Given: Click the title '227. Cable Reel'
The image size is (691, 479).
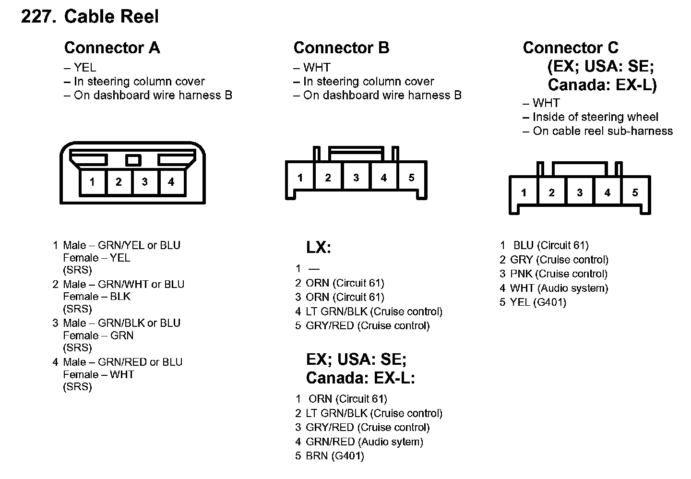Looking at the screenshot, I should pyautogui.click(x=90, y=17).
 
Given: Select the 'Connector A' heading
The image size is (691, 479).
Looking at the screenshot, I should pyautogui.click(x=112, y=48).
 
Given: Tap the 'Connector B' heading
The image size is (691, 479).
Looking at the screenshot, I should pyautogui.click(x=341, y=48).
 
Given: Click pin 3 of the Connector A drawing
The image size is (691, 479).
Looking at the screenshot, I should pyautogui.click(x=144, y=182).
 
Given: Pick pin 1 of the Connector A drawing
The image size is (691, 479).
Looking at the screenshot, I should pyautogui.click(x=92, y=182).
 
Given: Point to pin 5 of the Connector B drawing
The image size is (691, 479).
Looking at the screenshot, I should pyautogui.click(x=411, y=178).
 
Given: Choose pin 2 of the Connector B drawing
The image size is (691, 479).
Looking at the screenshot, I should pyautogui.click(x=328, y=178).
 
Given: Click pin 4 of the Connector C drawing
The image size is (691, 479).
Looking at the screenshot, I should pyautogui.click(x=607, y=192).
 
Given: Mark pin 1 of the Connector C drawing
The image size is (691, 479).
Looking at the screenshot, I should pyautogui.click(x=524, y=192).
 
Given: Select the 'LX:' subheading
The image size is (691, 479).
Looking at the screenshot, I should pyautogui.click(x=319, y=248).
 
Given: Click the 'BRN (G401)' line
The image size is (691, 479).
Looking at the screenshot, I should pyautogui.click(x=334, y=456).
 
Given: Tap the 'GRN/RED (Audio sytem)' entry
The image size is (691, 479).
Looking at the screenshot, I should pyautogui.click(x=364, y=442).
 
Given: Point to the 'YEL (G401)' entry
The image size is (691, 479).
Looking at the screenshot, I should pyautogui.click(x=538, y=302).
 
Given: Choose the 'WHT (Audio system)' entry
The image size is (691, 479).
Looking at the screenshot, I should pyautogui.click(x=559, y=288).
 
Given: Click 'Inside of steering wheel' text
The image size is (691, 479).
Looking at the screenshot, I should pyautogui.click(x=595, y=117).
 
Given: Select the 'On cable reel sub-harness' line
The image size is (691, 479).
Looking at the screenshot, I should pyautogui.click(x=602, y=131).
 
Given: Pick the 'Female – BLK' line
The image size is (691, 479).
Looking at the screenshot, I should pyautogui.click(x=96, y=297).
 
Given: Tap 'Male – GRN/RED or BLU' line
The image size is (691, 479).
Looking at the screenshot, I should pyautogui.click(x=122, y=362).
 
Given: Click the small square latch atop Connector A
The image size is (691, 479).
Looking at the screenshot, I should pyautogui.click(x=133, y=160).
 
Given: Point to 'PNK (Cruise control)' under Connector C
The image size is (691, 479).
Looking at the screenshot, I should pyautogui.click(x=559, y=274).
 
